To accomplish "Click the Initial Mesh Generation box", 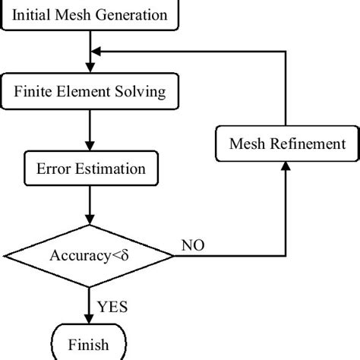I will pos(90,14).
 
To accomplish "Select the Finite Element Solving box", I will pos(90,93).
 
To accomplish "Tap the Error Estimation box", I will pos(90,169).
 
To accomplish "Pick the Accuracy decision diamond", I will pos(90,255).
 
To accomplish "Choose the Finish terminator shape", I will pos(90,345).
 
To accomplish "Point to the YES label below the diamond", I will pos(112,307).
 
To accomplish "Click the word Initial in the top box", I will pos(35,14).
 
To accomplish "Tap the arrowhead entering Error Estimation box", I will pos(90,149).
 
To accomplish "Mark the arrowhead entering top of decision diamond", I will pos(90,220).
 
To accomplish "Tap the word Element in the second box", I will pos(96,93).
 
